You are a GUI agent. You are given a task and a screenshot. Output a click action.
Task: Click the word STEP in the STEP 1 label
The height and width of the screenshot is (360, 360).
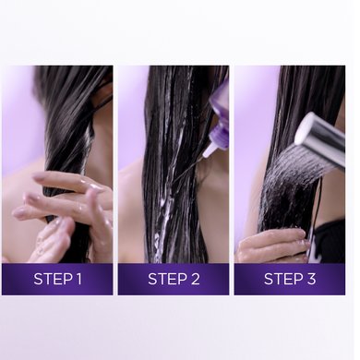[x=51, y=279]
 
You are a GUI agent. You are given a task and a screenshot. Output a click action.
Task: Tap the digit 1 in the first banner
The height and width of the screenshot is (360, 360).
[x=78, y=279]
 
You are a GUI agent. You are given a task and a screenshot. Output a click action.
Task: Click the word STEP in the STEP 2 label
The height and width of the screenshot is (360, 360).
[x=165, y=279]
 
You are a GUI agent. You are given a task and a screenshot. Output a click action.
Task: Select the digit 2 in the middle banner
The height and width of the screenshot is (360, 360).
[x=194, y=279]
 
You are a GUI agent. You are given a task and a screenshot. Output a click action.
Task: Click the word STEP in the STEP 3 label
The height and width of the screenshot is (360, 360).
[x=282, y=279]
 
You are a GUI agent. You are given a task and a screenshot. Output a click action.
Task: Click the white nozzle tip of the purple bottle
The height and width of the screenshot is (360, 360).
[x=209, y=150]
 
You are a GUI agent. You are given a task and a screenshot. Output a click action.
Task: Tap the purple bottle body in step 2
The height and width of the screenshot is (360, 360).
[x=219, y=117]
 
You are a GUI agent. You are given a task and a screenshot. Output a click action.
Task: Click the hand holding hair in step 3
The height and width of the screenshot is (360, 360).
[x=272, y=245]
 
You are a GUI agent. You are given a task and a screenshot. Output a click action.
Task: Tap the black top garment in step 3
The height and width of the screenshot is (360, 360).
[x=330, y=242]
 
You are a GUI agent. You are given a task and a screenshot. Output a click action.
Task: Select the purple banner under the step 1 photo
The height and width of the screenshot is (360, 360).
[x=57, y=279]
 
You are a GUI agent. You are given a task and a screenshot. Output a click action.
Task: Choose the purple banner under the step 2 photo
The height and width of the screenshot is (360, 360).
[x=174, y=279]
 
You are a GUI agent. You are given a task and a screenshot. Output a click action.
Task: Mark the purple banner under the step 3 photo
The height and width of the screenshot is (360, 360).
[x=290, y=279]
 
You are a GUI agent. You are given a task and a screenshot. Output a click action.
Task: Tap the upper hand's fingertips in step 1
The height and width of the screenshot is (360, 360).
[x=40, y=176]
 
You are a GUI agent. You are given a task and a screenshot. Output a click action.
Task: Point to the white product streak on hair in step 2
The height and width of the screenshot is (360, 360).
[x=163, y=215]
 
